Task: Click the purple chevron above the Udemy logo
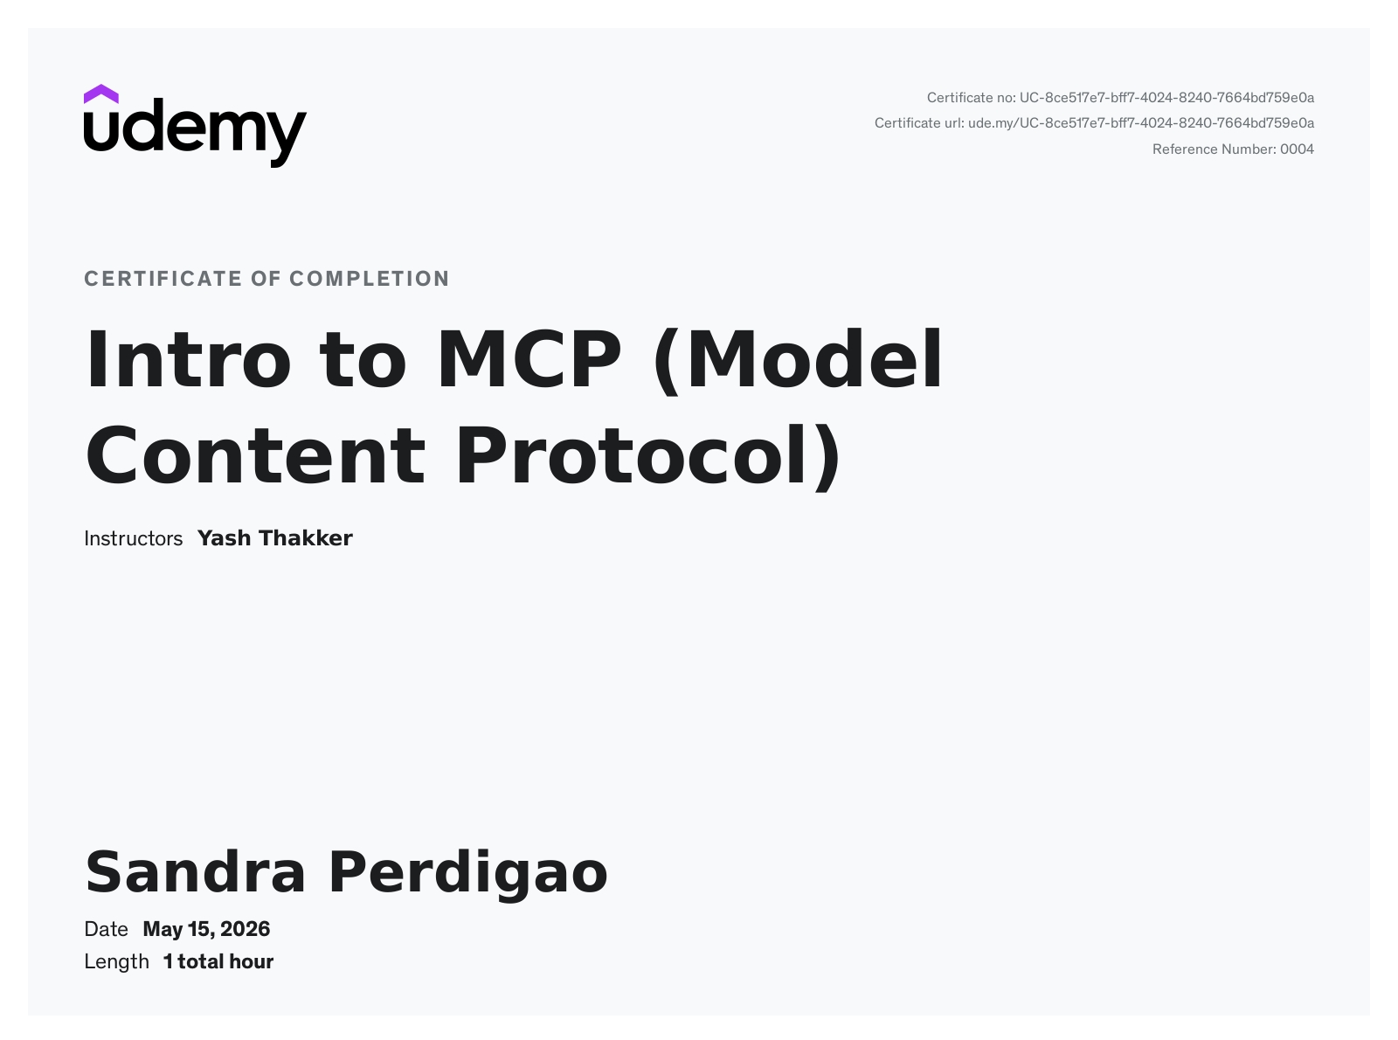(x=100, y=94)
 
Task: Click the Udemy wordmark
(x=196, y=133)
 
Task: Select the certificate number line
(x=1120, y=98)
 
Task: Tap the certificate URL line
(x=1094, y=123)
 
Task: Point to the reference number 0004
(x=1297, y=149)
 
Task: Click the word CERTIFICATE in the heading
(x=163, y=279)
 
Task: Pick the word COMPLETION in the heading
(x=370, y=279)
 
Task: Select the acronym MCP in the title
(x=529, y=359)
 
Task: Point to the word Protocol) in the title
(x=648, y=457)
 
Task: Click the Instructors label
(x=133, y=538)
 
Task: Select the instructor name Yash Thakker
(x=275, y=538)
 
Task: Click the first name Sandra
(x=196, y=872)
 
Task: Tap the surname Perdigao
(x=468, y=876)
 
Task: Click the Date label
(x=106, y=929)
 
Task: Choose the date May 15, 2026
(x=206, y=929)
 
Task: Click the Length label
(x=116, y=962)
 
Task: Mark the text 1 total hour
(x=218, y=962)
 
